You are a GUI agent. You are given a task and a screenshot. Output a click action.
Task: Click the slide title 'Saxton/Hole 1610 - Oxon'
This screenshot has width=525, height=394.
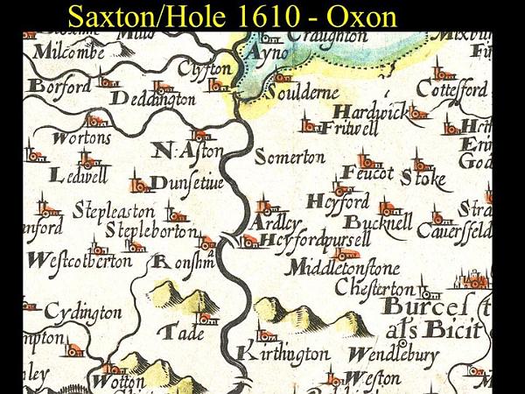232,16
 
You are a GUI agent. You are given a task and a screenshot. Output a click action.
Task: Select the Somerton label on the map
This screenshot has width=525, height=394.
289,158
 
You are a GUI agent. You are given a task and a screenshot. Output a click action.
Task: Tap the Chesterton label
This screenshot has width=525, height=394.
375,289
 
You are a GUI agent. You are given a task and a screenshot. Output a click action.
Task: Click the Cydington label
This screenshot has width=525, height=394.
82,313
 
